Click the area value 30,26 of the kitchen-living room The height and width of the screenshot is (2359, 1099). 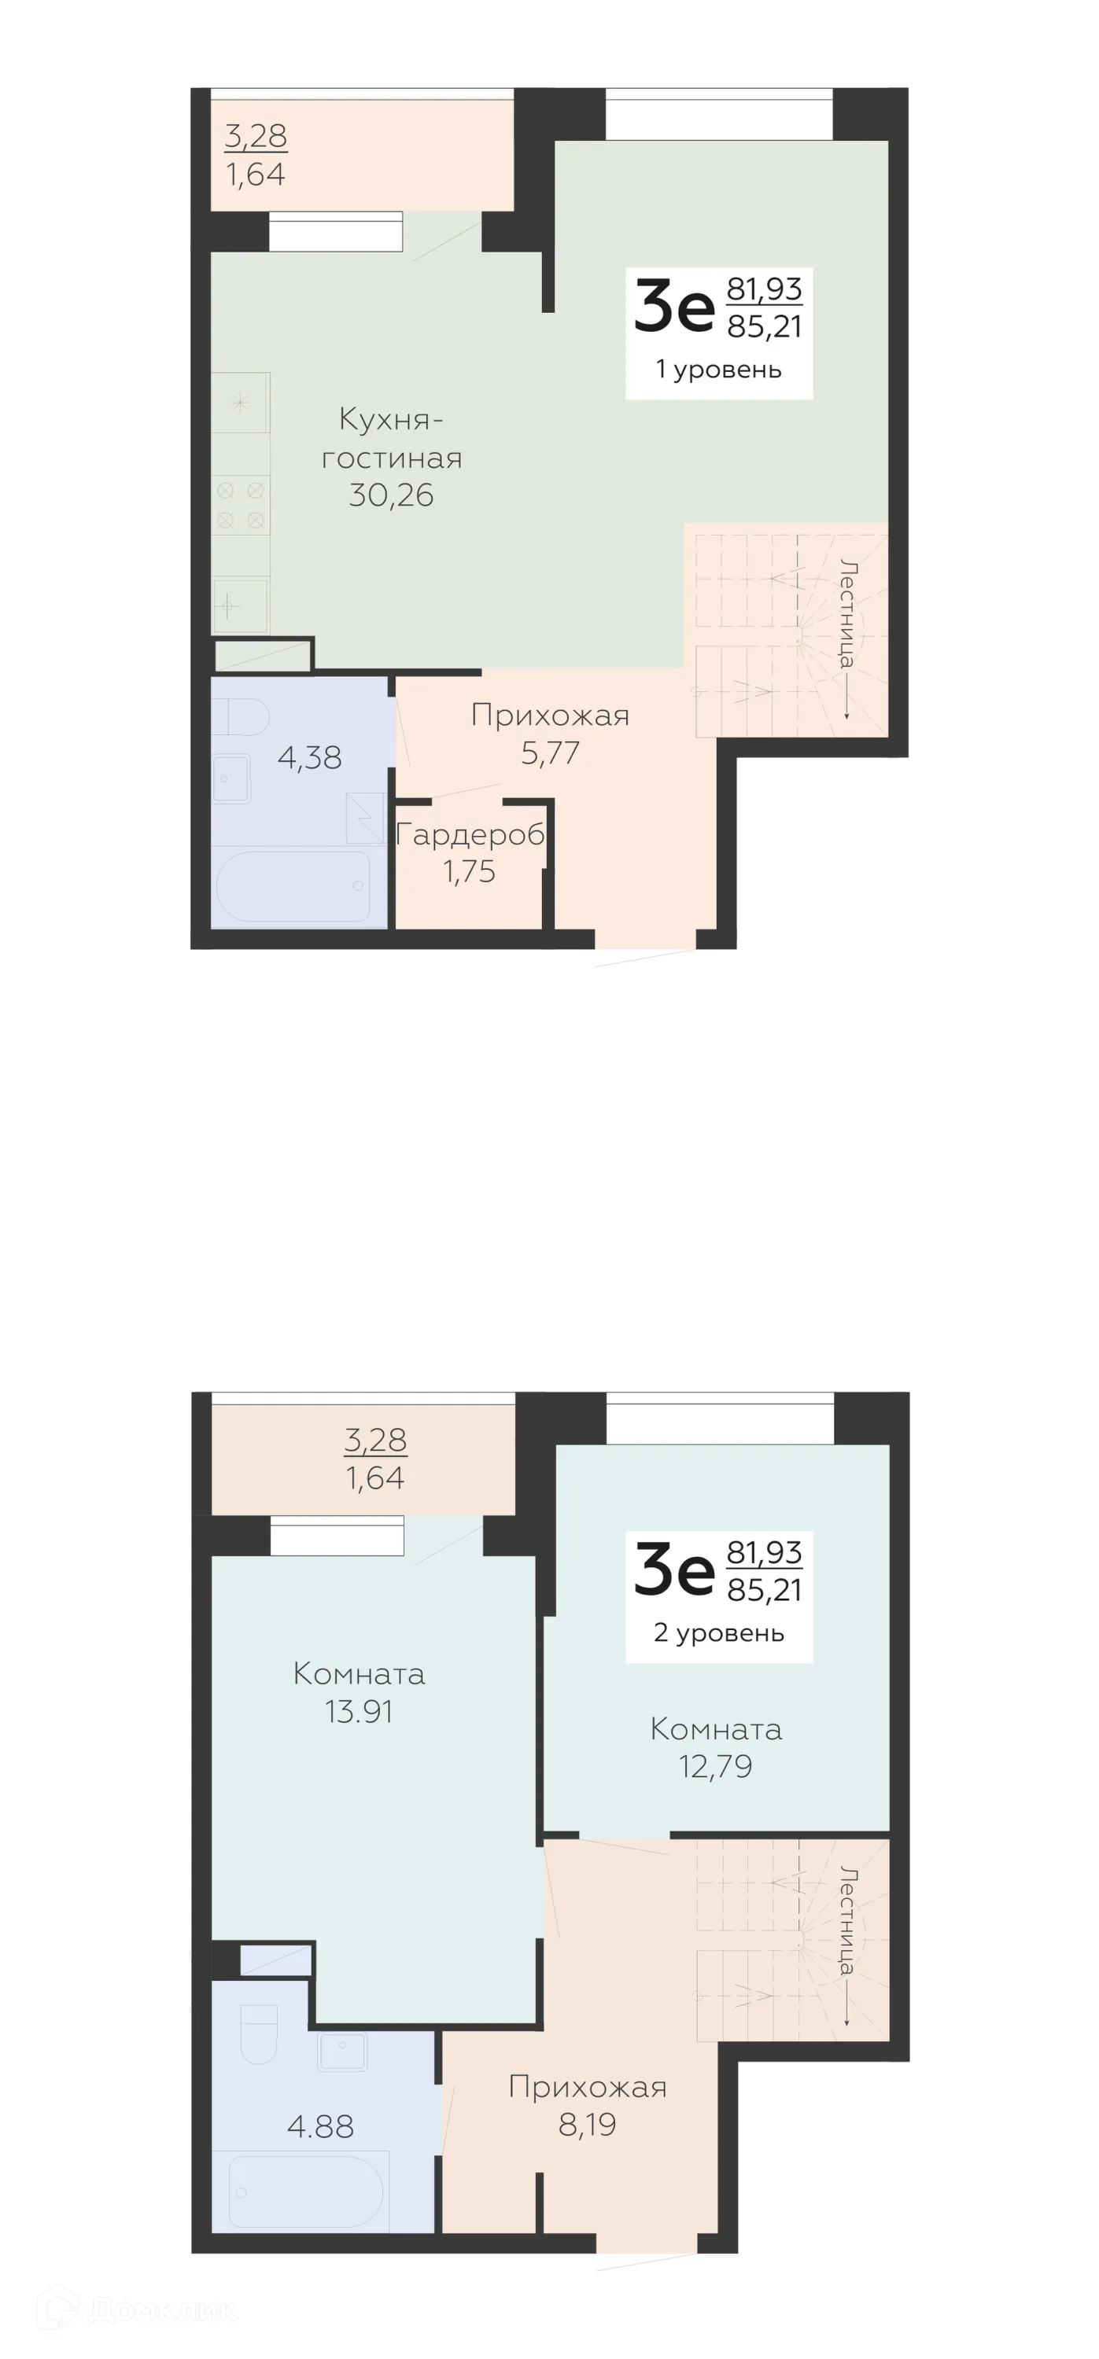coord(391,495)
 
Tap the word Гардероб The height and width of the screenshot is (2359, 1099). coord(470,834)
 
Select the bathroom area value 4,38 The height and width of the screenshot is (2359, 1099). coord(309,757)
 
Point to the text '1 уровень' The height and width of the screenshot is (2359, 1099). coord(719,369)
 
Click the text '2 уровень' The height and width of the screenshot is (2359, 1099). coord(719,1632)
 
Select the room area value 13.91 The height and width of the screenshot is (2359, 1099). coord(359,1712)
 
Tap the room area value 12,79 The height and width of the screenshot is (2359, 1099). coord(715,1767)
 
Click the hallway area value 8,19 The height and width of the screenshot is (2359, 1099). coord(587,2124)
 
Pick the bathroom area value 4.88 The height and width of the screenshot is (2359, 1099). coord(320,2125)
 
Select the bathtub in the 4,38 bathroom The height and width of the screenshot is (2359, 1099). coord(292,885)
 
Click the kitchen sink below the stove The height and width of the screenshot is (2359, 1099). coord(240,605)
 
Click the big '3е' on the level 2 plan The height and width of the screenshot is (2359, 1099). coord(674,1571)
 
